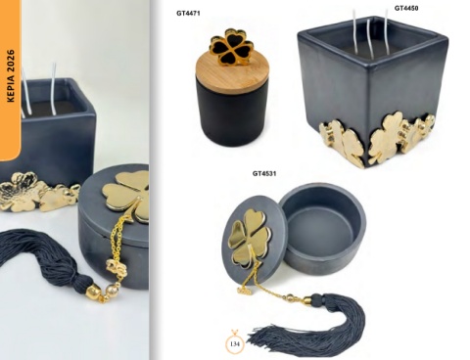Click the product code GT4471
[188, 13]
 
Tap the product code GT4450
[406, 8]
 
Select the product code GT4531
[264, 173]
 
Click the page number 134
[235, 343]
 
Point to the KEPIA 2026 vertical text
[11, 75]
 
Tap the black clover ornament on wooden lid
[232, 47]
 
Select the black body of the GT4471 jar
[232, 114]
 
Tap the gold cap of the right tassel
[309, 301]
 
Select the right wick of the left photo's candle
[53, 89]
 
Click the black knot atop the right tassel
[317, 297]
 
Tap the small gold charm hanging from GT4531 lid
[244, 290]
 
